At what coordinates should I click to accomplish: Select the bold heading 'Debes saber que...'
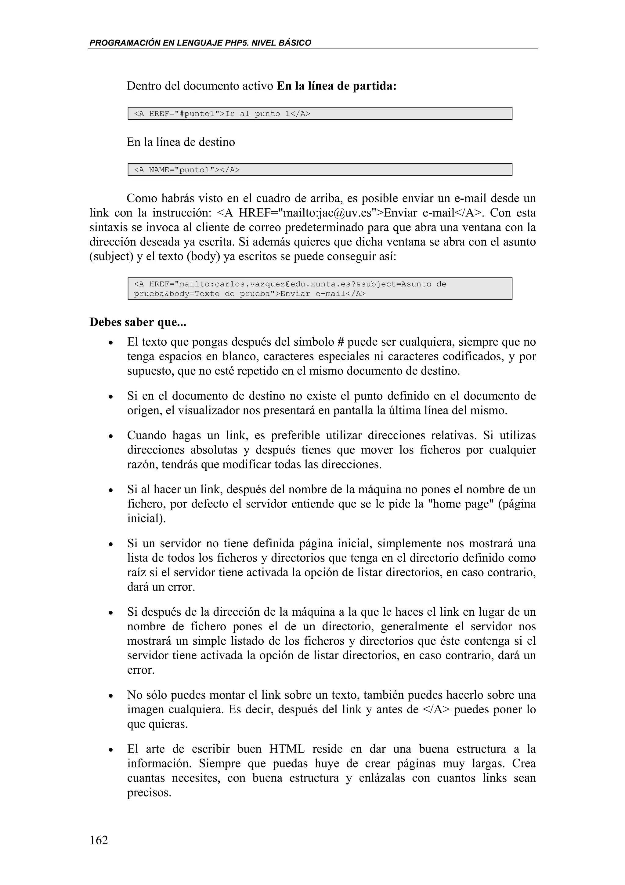pyautogui.click(x=138, y=322)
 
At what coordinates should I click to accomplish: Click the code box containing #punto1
pyautogui.click(x=320, y=114)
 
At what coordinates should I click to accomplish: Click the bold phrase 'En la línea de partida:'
pyautogui.click(x=337, y=86)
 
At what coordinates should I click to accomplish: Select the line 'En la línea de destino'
pyautogui.click(x=181, y=142)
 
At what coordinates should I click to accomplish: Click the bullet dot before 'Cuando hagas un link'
pyautogui.click(x=110, y=437)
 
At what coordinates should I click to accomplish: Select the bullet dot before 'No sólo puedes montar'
pyautogui.click(x=110, y=697)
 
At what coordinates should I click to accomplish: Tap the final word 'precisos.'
pyautogui.click(x=149, y=793)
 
